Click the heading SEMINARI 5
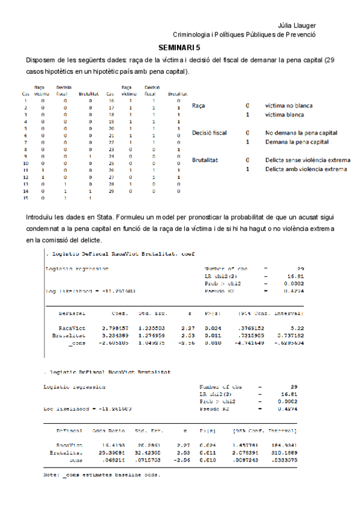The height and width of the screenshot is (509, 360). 180,46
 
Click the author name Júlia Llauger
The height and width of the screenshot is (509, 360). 298,25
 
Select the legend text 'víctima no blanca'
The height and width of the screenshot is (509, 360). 289,106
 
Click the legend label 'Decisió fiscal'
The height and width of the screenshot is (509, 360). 209,133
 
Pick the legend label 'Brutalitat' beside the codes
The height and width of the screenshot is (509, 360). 205,160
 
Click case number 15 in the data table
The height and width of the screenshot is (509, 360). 25,197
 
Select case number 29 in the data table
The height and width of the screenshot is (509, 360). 111,190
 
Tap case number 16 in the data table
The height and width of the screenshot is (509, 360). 111,100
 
